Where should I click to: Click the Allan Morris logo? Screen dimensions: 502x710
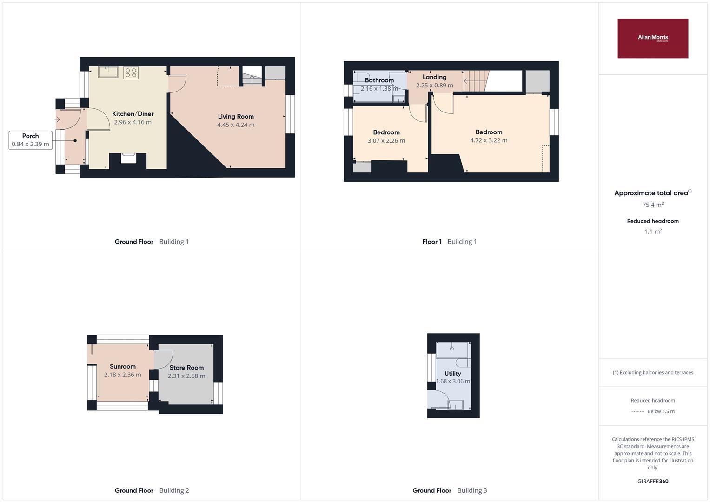[652, 38]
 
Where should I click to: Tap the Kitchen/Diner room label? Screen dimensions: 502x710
[133, 114]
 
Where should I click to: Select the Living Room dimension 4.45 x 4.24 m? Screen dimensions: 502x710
[236, 125]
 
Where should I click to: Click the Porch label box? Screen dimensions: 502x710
[30, 140]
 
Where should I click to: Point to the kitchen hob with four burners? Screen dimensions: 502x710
[131, 73]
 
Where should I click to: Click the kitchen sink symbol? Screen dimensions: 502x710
[108, 72]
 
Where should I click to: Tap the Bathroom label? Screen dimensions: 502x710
[379, 80]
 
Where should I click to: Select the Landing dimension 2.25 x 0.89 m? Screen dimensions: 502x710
[434, 86]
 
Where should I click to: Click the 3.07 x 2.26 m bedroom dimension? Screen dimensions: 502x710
[386, 140]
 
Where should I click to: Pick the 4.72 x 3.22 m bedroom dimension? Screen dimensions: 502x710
[489, 140]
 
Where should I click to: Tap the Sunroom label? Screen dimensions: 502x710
[122, 366]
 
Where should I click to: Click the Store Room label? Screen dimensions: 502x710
[186, 368]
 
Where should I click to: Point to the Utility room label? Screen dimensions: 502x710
[452, 373]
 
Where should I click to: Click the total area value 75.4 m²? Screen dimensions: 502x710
[652, 205]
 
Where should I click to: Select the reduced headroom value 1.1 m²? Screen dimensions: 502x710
[652, 231]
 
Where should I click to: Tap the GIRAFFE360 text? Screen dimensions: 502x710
[652, 481]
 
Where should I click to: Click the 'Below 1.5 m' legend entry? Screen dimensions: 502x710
[661, 411]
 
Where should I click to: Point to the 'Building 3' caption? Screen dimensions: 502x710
[472, 490]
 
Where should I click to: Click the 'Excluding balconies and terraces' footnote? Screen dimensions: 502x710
[653, 372]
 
